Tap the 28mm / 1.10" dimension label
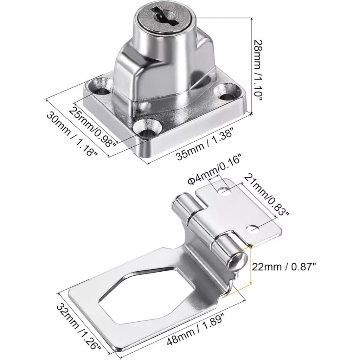coord(258,70)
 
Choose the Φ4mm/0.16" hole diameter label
coord(215,169)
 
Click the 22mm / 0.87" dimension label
coord(284,267)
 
